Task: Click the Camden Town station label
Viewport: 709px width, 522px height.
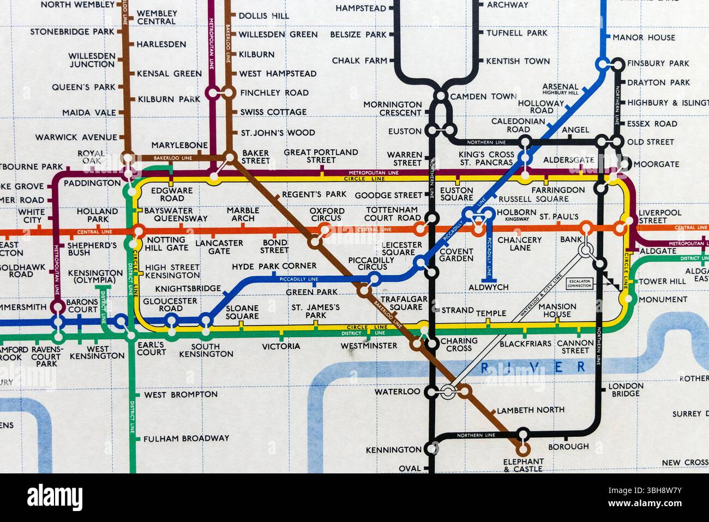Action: pos(483,97)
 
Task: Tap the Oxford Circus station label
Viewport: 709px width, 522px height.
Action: pos(327,215)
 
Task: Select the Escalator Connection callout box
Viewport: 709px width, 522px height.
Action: pos(579,283)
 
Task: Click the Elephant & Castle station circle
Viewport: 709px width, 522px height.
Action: pos(522,449)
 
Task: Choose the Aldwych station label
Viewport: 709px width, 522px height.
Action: pos(488,287)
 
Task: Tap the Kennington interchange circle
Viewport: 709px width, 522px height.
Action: pos(431,449)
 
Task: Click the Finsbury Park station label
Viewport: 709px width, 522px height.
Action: pos(658,63)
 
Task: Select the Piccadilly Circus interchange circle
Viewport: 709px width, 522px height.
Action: pos(374,280)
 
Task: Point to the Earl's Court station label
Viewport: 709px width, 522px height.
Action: pos(151,348)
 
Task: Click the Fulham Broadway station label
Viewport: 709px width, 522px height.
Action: pos(186,438)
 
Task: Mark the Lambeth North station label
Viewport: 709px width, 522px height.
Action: pos(531,410)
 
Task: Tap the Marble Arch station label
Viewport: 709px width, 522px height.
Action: pos(243,214)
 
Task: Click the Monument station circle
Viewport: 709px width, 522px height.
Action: pos(630,298)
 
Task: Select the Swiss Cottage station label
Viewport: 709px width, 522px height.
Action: pos(273,112)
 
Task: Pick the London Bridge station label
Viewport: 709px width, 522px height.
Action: pos(626,389)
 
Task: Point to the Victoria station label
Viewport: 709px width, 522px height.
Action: pos(281,346)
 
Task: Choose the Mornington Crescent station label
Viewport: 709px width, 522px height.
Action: pos(393,109)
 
